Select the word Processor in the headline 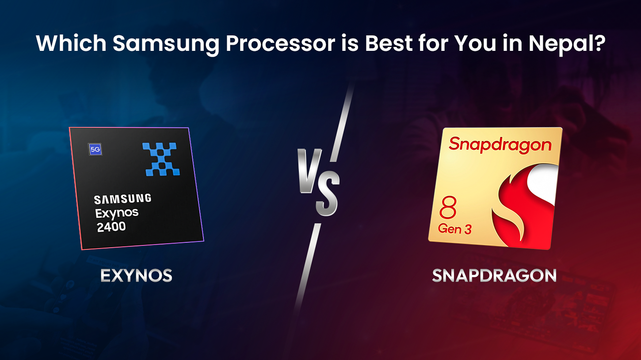tap(280, 43)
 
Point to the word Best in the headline tap(389, 43)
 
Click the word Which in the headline tap(71, 43)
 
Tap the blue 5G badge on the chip tap(95, 149)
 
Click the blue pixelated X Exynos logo tap(161, 159)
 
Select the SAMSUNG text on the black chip tap(122, 199)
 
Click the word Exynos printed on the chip tap(117, 213)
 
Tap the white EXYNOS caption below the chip tap(137, 276)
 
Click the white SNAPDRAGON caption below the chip tap(494, 276)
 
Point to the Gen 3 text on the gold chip tap(454, 229)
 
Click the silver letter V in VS tap(309, 171)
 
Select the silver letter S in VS tap(328, 194)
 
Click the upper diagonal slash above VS tap(342, 123)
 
